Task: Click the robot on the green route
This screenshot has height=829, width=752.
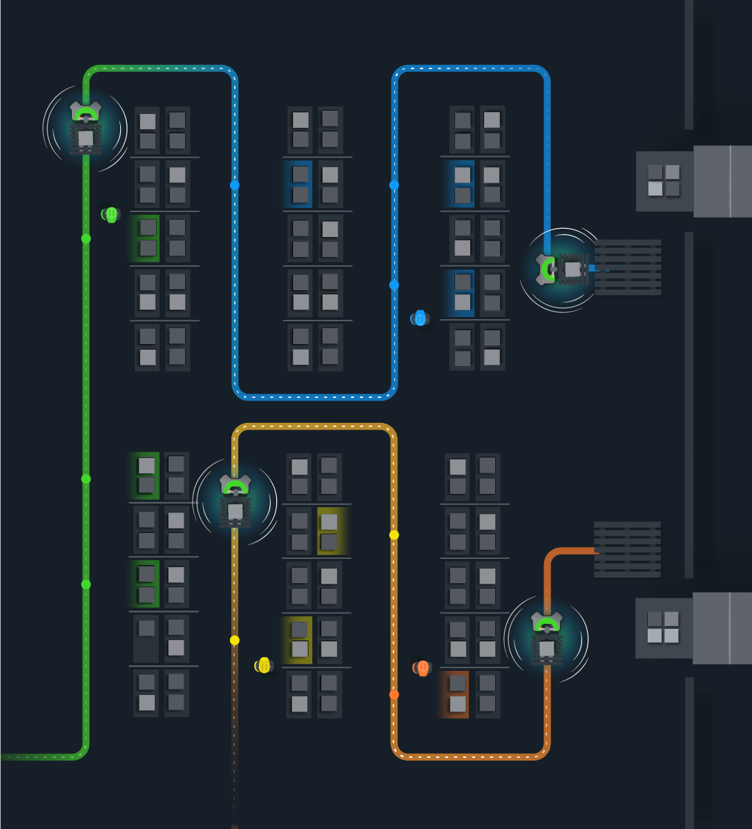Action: tap(86, 128)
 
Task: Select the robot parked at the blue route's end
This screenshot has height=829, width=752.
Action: tap(563, 269)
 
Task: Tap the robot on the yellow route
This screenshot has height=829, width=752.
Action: tap(235, 502)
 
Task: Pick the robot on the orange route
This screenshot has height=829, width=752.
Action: tap(546, 639)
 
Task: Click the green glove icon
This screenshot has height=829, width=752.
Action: tap(111, 214)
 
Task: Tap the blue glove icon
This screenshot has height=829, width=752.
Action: tap(420, 318)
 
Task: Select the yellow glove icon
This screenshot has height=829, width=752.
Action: tap(264, 665)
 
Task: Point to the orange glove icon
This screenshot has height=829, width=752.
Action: tap(423, 668)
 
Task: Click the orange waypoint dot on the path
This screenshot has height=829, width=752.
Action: tap(394, 694)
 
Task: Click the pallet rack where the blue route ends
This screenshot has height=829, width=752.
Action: tap(628, 267)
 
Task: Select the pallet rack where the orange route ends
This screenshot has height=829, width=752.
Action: tap(627, 550)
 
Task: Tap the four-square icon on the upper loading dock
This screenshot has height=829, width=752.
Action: tap(664, 180)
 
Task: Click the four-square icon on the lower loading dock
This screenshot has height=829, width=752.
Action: tap(663, 627)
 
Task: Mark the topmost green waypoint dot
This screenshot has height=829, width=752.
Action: tap(86, 238)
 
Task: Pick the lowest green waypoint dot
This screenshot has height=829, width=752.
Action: tap(86, 584)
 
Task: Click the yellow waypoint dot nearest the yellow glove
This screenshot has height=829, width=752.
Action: tap(235, 640)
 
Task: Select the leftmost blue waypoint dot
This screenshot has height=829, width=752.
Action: tap(235, 185)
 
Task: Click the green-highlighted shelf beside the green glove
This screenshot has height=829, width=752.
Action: tap(147, 238)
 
